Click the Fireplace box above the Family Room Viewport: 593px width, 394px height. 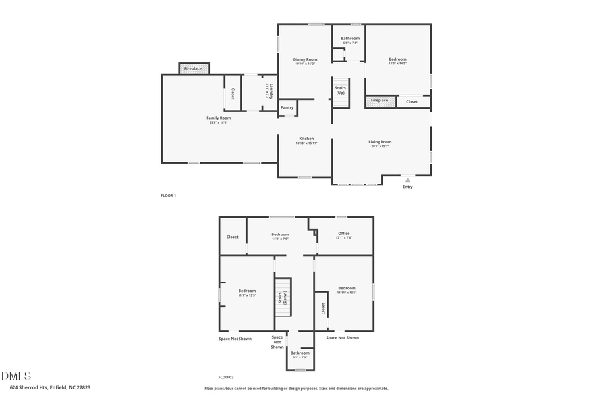point(193,68)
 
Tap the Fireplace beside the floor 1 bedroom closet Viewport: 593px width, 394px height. point(380,101)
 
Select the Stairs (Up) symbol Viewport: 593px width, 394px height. point(340,90)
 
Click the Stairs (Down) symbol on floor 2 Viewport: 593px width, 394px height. point(283,297)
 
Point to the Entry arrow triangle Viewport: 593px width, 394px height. point(407,180)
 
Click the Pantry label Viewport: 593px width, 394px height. point(287,107)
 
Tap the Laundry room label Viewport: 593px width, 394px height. point(268,91)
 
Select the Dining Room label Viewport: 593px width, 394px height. point(304,59)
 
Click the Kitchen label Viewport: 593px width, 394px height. point(306,139)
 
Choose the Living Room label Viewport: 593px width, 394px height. point(380,142)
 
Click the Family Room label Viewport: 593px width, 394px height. point(218,118)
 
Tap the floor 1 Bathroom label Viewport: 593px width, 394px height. point(350,39)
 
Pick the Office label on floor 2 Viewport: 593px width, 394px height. point(343,234)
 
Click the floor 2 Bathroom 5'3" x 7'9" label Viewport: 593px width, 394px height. point(300,353)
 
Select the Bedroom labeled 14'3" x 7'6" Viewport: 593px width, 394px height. point(280,235)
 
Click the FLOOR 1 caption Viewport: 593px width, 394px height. point(169,195)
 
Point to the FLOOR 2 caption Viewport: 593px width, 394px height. point(226,377)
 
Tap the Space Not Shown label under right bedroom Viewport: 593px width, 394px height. point(343,338)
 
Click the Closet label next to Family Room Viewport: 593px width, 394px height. point(233,94)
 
